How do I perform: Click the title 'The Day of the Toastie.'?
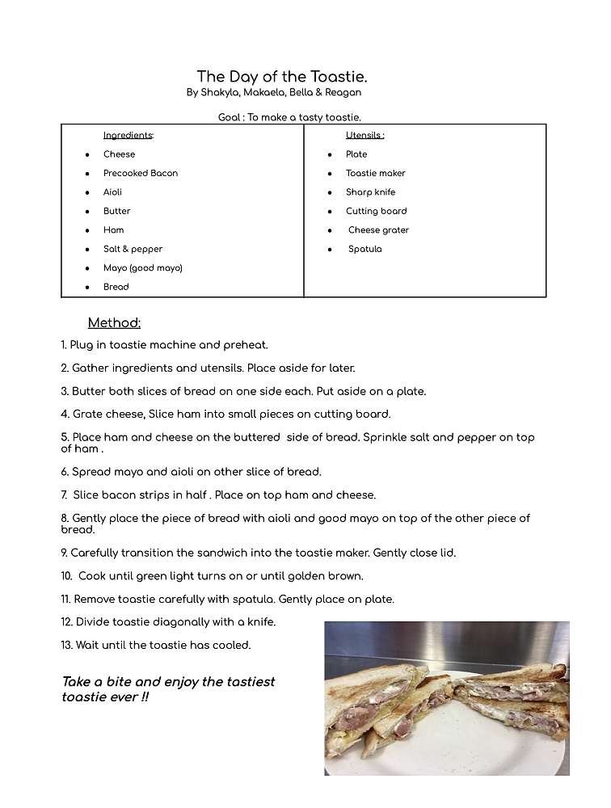[x=282, y=77]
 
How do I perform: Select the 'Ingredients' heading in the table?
[x=128, y=136]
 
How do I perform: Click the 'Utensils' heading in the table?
[x=364, y=136]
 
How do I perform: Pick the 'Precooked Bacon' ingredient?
[x=141, y=173]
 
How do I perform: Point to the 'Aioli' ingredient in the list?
[x=112, y=192]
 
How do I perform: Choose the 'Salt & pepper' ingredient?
[x=133, y=249]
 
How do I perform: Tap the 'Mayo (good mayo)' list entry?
[x=142, y=268]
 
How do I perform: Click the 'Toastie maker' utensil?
[x=375, y=173]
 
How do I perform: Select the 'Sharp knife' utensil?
[x=370, y=192]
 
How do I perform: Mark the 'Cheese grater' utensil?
[x=378, y=230]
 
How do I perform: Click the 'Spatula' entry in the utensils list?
[x=364, y=249]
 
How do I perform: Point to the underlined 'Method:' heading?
[x=114, y=323]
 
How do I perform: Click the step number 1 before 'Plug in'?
[x=63, y=345]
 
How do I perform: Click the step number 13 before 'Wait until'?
[x=66, y=646]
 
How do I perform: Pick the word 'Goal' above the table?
[x=230, y=118]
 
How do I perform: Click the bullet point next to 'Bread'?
[x=87, y=288]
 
